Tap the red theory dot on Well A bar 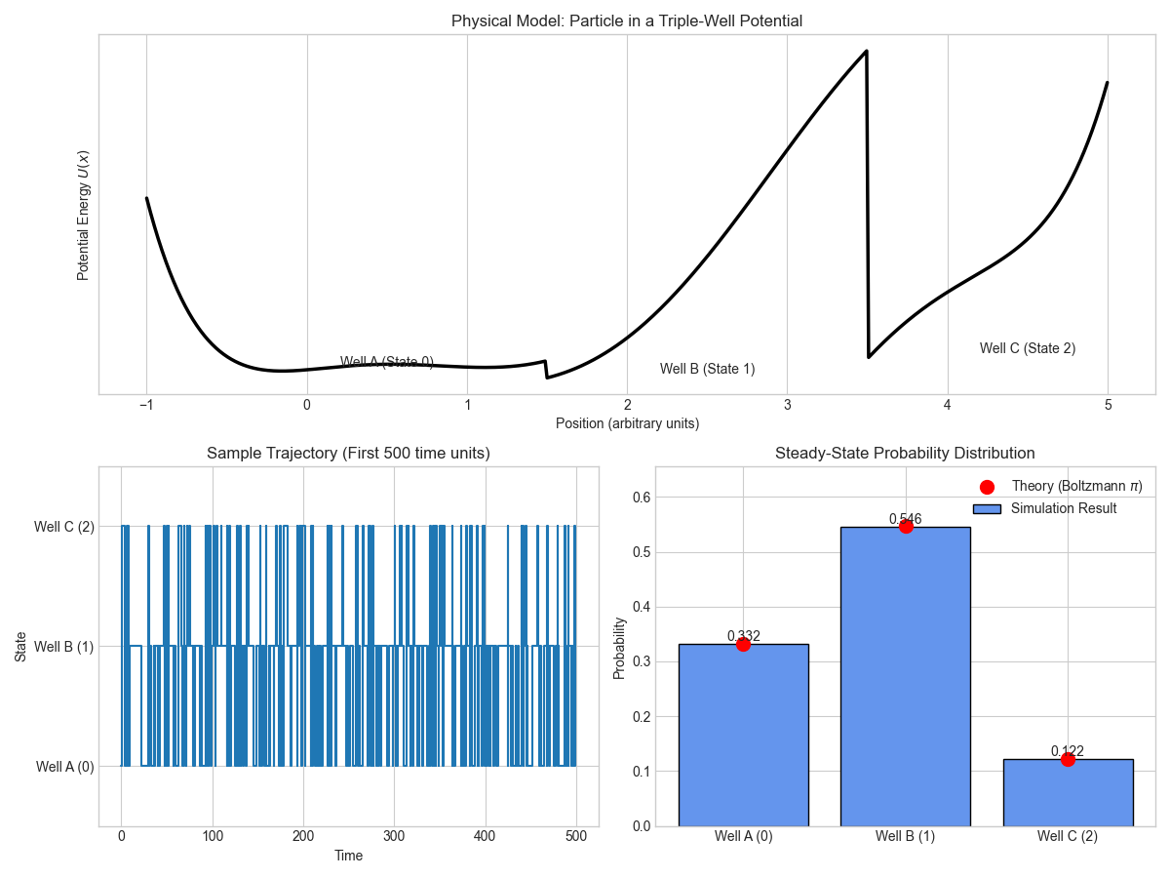point(743,644)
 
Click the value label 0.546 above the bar point(905,519)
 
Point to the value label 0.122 point(1068,751)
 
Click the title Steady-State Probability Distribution point(905,454)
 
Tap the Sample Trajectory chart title point(348,454)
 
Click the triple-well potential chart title point(627,20)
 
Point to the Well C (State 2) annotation point(1028,348)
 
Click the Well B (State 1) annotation point(707,369)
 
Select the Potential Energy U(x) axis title point(84,215)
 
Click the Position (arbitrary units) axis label point(627,423)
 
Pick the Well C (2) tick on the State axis point(63,527)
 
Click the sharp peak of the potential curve point(866,51)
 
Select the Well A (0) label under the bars point(743,836)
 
